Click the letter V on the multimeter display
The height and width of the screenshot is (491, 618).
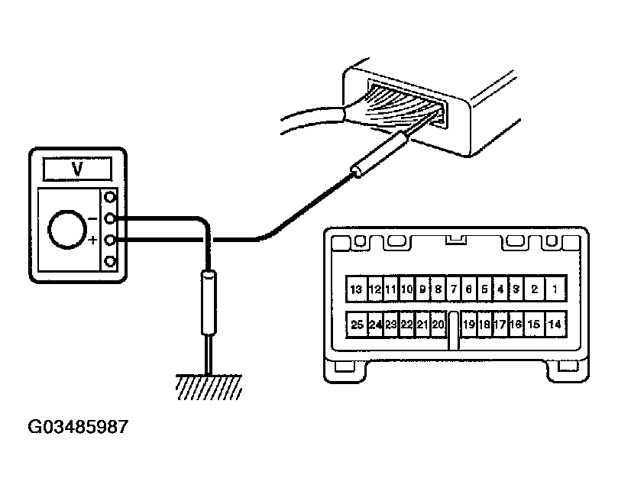[x=76, y=167]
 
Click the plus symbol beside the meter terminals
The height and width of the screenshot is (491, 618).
[x=93, y=241]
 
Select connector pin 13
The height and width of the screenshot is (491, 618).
[x=356, y=290]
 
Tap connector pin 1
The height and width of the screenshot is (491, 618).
[x=555, y=290]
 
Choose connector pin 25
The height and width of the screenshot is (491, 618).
[x=357, y=325]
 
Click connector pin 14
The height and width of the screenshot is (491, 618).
[x=556, y=325]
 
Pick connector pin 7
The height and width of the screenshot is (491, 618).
[x=454, y=290]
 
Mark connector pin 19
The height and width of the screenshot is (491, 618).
[x=468, y=325]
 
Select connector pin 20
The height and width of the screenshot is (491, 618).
[x=438, y=325]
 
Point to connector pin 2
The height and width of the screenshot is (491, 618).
[x=535, y=290]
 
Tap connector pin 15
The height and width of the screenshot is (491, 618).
[x=535, y=325]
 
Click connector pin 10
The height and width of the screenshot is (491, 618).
[x=406, y=290]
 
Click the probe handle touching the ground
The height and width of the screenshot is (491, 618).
[x=208, y=306]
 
